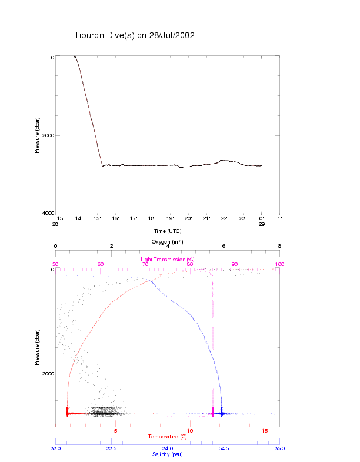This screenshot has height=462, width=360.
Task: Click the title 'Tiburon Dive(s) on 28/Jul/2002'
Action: [x=134, y=36]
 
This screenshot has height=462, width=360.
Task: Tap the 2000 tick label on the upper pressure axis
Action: [x=46, y=135]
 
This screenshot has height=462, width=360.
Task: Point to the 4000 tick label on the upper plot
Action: [x=46, y=213]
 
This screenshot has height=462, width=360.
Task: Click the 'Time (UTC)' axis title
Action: [x=168, y=231]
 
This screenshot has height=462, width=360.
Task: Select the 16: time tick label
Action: [x=115, y=218]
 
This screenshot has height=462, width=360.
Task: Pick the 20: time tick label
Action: [x=188, y=218]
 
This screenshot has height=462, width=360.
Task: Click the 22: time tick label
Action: [x=225, y=218]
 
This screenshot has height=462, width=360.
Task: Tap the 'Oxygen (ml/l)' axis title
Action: [x=168, y=242]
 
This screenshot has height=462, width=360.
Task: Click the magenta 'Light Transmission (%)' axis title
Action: [x=168, y=260]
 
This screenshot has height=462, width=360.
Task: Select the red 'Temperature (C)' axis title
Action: [x=168, y=437]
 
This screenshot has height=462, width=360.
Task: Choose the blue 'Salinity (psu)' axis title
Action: [x=168, y=454]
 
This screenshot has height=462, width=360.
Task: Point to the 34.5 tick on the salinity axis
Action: [x=224, y=448]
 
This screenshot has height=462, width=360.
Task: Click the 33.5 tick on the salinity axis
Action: [x=112, y=448]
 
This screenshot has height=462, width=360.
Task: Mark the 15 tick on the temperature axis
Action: [x=265, y=431]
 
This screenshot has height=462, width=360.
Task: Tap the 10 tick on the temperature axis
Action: [x=189, y=431]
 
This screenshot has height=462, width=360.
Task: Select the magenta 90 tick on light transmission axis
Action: [x=235, y=264]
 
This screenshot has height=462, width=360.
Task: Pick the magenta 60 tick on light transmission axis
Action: [x=101, y=264]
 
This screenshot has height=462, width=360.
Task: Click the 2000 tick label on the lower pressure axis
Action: [x=46, y=374]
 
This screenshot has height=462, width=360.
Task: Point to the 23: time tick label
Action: [x=243, y=218]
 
